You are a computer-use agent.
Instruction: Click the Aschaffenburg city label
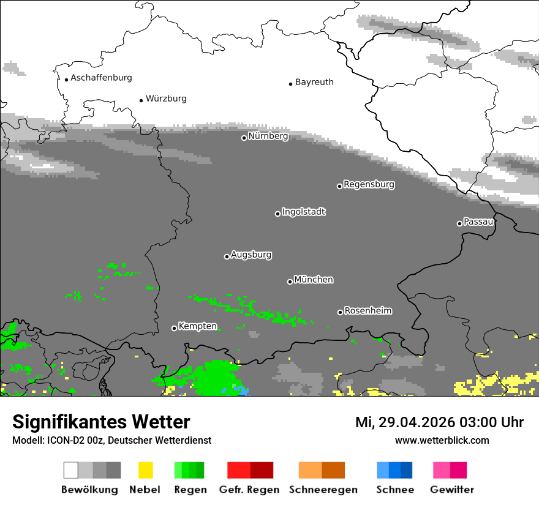tap(101, 78)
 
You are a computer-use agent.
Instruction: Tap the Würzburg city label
tap(166, 99)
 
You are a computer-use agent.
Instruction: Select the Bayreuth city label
tap(314, 82)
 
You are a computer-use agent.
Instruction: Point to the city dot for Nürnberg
tap(244, 138)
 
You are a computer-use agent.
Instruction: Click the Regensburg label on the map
tap(369, 184)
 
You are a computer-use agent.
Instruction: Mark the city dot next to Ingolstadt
tap(277, 214)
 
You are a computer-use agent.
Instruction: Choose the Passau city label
tap(478, 222)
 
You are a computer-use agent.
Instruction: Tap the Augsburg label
tap(251, 255)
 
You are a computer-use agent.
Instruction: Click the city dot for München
tap(290, 282)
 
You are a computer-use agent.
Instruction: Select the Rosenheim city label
tap(367, 310)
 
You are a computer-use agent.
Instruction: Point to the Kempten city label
tap(197, 326)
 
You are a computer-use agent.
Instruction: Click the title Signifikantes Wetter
tap(101, 422)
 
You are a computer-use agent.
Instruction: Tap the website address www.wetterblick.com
tap(442, 440)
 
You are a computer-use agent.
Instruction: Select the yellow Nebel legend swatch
tap(145, 470)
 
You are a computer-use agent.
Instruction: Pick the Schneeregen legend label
tap(323, 490)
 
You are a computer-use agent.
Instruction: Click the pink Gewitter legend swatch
tap(442, 470)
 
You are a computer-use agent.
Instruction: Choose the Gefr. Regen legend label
tap(249, 490)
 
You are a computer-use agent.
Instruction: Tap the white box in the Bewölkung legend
tap(71, 470)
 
